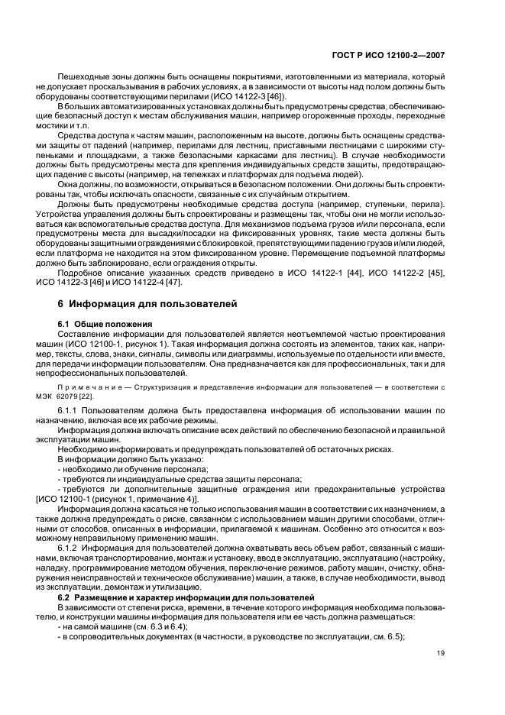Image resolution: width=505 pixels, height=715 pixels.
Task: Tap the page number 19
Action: [441, 652]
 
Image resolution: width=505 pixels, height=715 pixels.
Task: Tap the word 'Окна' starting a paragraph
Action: [67, 185]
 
